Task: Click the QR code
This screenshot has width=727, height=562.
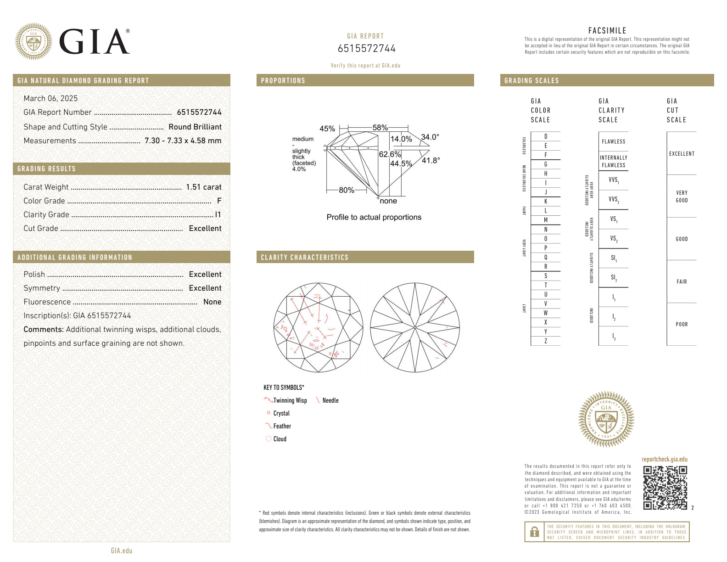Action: point(665,488)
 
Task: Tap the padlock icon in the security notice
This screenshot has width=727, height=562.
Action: point(534,532)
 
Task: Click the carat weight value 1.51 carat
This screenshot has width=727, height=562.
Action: point(203,187)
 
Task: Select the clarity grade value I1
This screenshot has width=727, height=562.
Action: point(218,214)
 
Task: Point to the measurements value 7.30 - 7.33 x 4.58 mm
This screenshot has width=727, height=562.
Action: point(183,140)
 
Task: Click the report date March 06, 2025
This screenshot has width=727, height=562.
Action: point(50,98)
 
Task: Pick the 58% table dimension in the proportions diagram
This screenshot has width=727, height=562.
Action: point(380,128)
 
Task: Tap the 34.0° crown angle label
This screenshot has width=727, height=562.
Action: point(430,137)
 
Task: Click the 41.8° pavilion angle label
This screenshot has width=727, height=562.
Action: point(431,160)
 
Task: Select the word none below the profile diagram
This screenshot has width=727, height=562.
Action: point(388,201)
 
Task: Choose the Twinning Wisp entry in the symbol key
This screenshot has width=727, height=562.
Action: point(290,400)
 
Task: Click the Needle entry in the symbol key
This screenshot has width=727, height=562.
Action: point(330,400)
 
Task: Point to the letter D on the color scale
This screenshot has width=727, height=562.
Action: point(546,136)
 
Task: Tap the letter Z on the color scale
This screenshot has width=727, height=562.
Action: point(546,341)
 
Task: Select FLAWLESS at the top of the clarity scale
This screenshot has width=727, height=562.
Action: point(613,141)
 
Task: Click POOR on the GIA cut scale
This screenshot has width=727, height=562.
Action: point(682,324)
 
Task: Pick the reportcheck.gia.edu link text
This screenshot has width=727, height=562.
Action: point(665,459)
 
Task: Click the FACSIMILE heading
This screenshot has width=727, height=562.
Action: point(607,31)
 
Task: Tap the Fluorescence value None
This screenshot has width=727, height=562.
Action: point(212,302)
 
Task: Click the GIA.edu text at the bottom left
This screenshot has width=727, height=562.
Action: point(122,551)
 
